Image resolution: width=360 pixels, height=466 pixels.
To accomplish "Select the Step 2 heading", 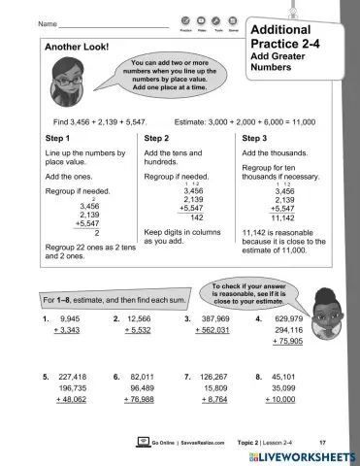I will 157,139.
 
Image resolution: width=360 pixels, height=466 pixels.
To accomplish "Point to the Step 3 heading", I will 256,139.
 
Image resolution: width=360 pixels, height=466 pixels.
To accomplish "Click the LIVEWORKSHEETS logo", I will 305,454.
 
